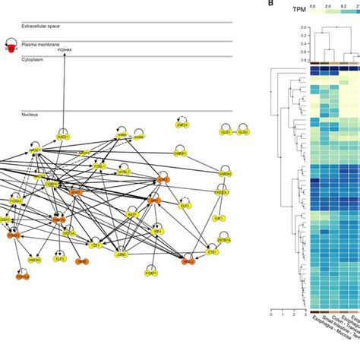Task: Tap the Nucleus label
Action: [30, 115]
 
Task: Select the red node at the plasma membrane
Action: [11, 49]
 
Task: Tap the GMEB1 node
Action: [180, 153]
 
